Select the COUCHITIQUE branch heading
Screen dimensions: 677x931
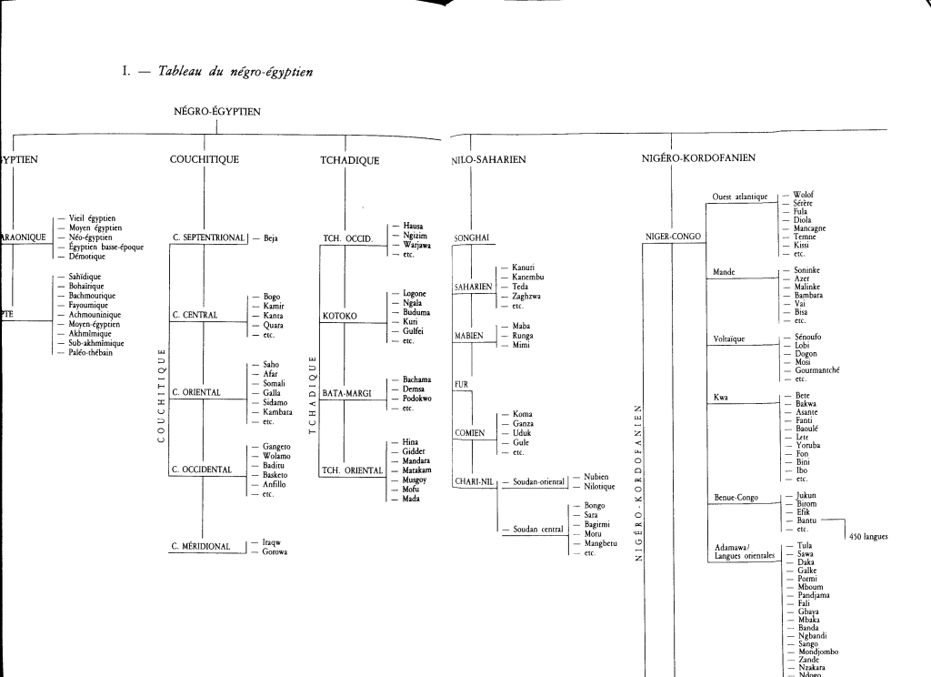pos(205,159)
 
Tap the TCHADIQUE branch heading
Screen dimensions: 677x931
pos(350,160)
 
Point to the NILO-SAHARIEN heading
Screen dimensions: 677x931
pos(488,160)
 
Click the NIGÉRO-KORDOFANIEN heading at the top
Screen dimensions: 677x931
pos(698,157)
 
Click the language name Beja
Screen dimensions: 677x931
pos(271,238)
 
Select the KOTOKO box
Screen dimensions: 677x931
pos(341,316)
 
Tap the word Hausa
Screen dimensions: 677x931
pos(415,226)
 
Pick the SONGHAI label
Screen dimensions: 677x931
pos(472,238)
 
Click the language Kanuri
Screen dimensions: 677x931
pos(524,267)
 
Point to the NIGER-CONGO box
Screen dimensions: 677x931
pos(674,237)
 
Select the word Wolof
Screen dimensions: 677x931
pos(804,195)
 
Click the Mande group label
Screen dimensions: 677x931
pos(725,271)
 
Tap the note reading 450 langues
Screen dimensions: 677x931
pos(867,536)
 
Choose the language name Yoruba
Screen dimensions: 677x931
pos(807,445)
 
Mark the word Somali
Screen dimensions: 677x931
pos(275,383)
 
